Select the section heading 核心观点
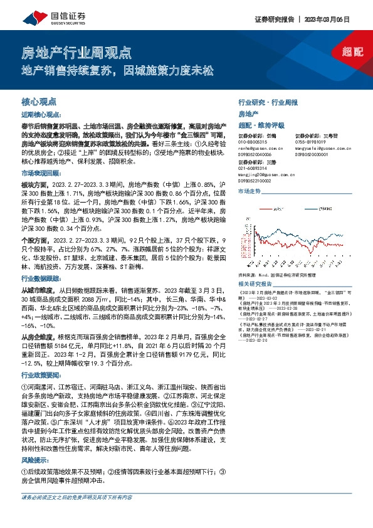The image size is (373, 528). coord(37,100)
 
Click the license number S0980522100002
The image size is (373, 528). coord(256,181)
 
